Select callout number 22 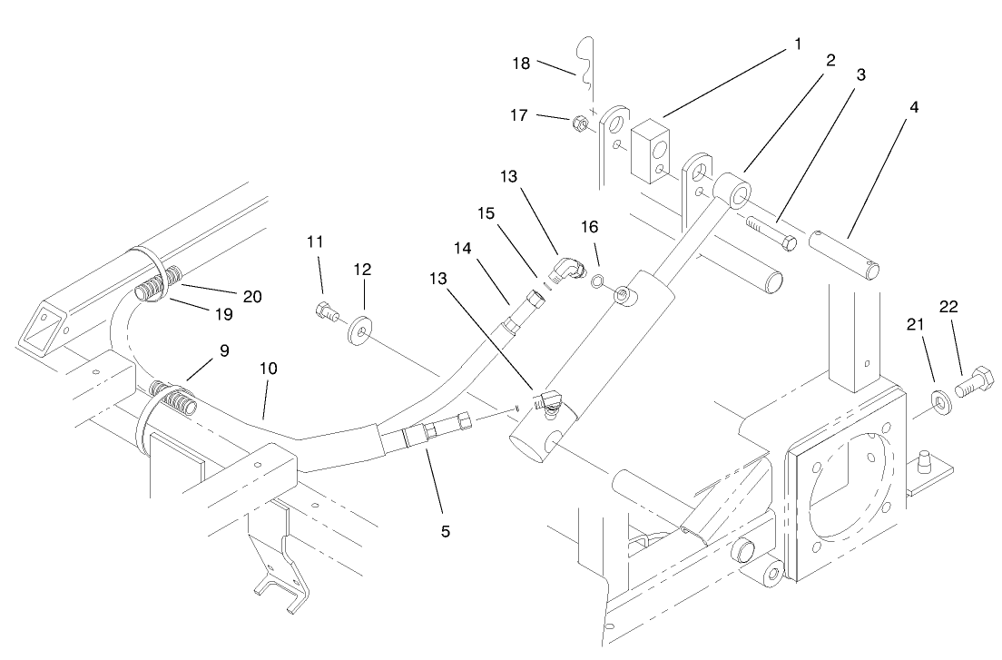(x=948, y=308)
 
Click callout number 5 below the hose (x=445, y=531)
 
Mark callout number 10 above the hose (x=268, y=369)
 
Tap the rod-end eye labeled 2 (x=732, y=193)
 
